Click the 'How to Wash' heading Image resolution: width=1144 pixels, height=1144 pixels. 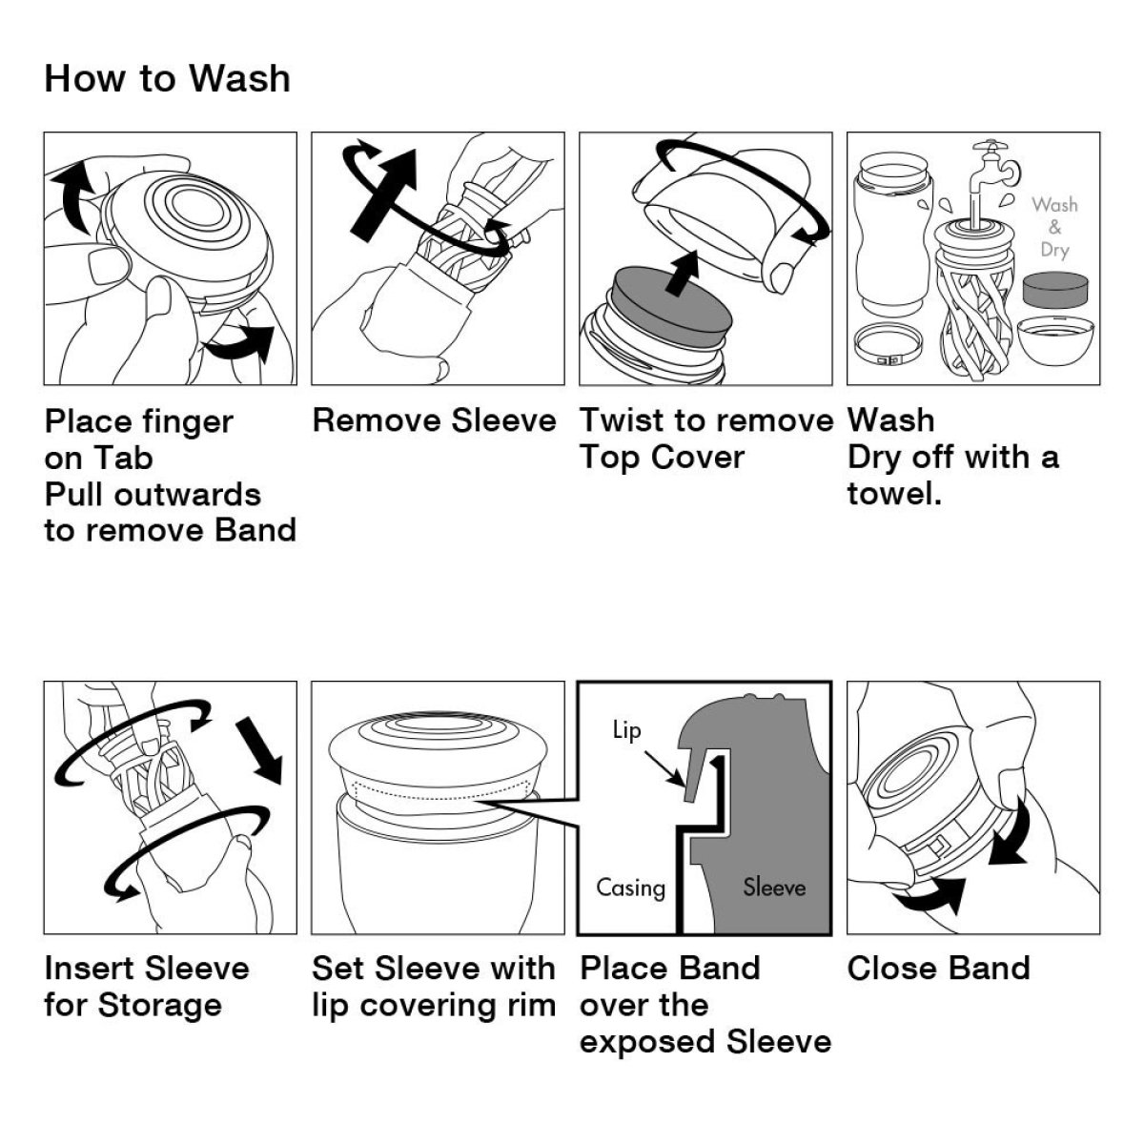click(167, 78)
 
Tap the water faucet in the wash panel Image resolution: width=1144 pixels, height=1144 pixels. click(991, 167)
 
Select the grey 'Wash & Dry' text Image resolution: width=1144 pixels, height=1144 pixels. click(1053, 227)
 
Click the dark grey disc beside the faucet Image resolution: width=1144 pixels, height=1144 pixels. click(1053, 290)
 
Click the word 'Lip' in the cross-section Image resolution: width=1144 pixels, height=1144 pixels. click(626, 730)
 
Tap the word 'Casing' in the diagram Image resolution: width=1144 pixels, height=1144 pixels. click(630, 888)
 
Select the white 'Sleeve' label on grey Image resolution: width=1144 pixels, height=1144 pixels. click(774, 888)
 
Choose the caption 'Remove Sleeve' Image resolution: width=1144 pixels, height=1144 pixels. click(434, 420)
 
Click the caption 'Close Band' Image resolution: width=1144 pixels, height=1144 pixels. click(938, 969)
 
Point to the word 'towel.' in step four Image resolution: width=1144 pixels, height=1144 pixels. click(893, 494)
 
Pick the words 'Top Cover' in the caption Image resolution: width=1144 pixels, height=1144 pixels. click(662, 458)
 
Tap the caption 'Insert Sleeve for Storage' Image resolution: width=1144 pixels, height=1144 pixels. click(146, 987)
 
